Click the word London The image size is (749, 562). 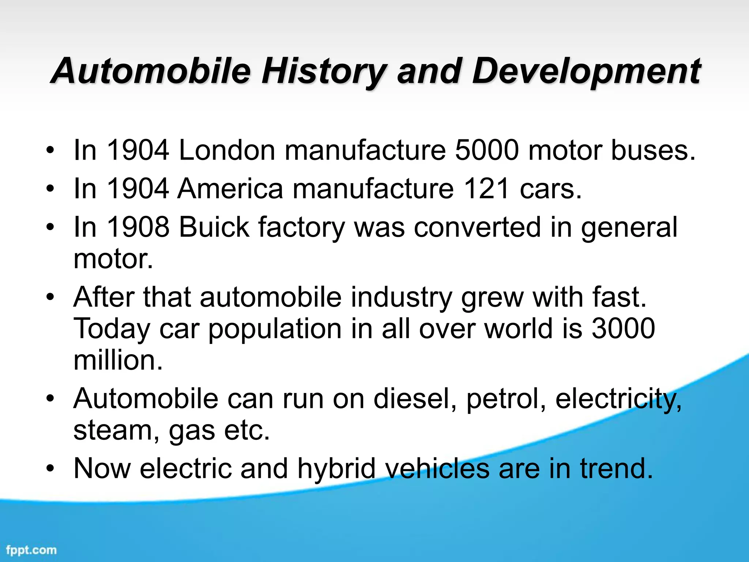(x=227, y=150)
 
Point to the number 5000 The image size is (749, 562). (x=487, y=150)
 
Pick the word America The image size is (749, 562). (x=230, y=189)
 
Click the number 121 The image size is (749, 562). (x=486, y=189)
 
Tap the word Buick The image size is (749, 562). (x=214, y=227)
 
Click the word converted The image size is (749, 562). (x=477, y=227)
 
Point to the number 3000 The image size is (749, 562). (x=623, y=329)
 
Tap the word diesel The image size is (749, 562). (x=415, y=398)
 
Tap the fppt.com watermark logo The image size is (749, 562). (x=31, y=550)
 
